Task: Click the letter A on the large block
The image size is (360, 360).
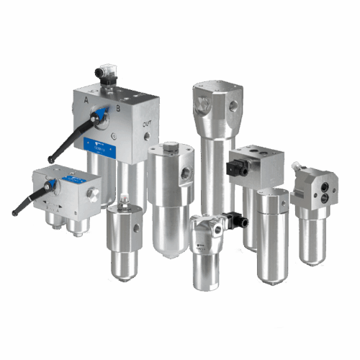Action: coord(87,101)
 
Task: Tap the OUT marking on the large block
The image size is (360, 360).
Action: coord(146,123)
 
